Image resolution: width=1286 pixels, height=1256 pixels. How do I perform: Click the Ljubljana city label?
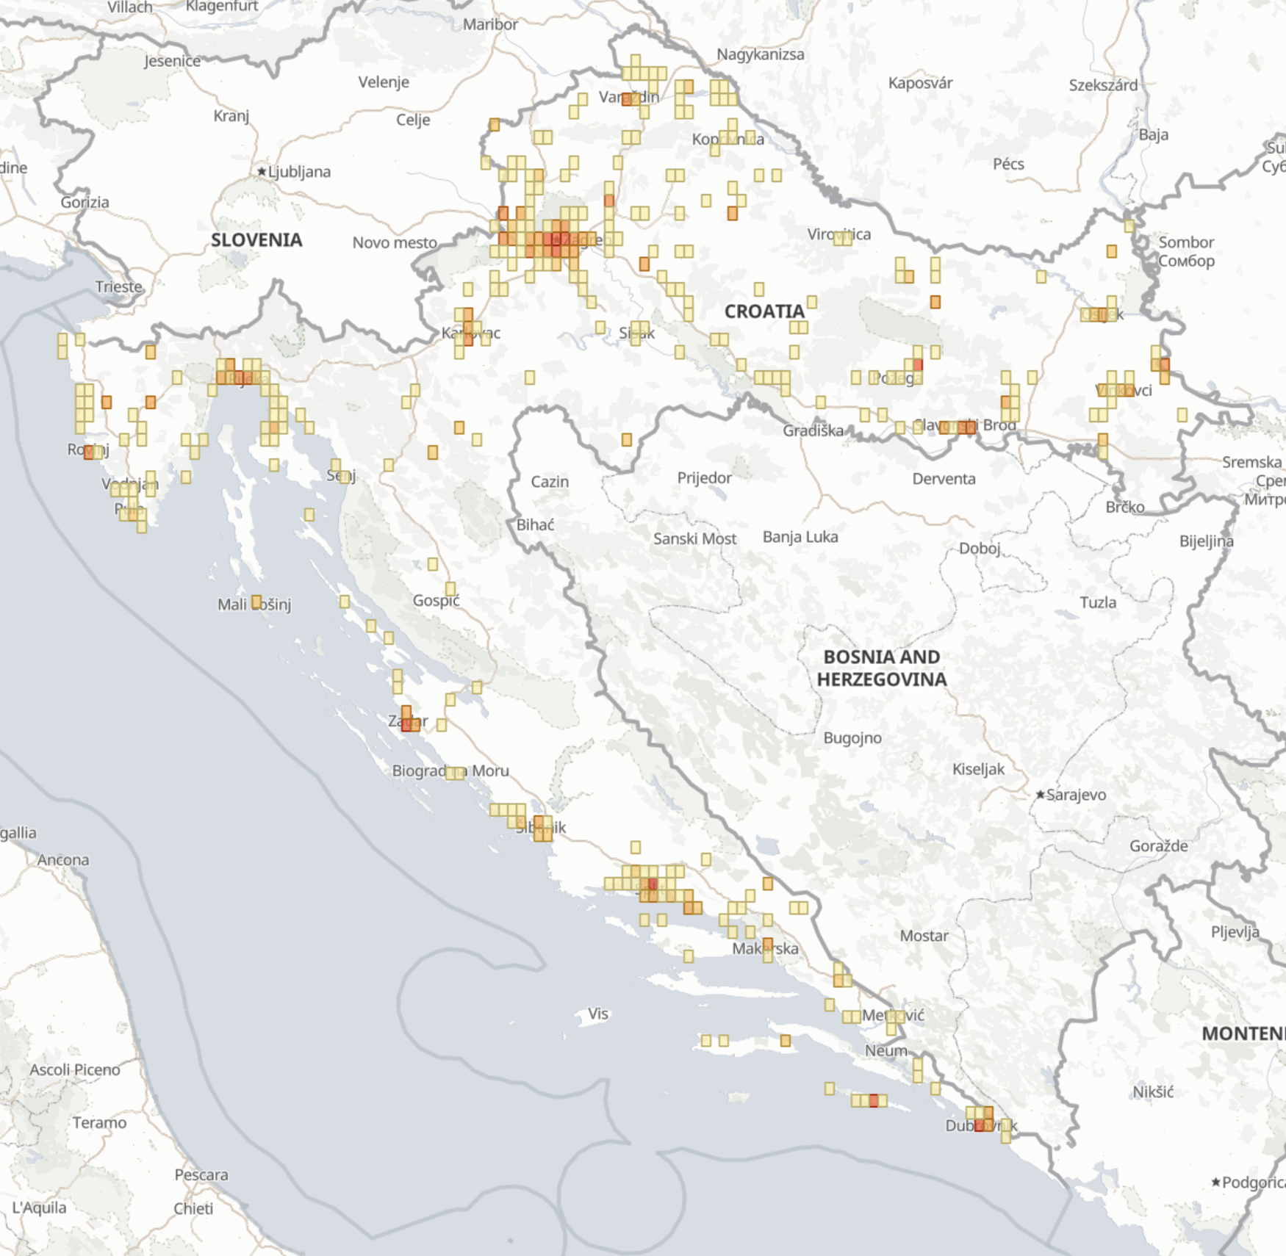click(x=298, y=172)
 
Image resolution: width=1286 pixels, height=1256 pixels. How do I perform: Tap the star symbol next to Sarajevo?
click(x=1040, y=795)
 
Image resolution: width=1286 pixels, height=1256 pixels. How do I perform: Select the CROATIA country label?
click(x=764, y=311)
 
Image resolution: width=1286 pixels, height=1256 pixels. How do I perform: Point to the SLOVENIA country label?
click(x=256, y=240)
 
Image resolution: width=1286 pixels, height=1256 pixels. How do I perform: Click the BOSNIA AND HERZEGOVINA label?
click(x=882, y=668)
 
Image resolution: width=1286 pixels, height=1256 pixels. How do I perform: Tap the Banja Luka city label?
click(x=800, y=537)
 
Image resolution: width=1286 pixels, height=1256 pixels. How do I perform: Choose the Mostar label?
click(x=924, y=936)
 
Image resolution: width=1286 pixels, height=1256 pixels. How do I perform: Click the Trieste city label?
click(x=119, y=286)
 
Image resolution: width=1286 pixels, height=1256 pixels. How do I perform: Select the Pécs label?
click(x=1008, y=164)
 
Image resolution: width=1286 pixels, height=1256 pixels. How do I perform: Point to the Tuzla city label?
click(x=1098, y=602)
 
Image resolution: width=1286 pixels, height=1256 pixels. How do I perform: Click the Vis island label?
click(x=598, y=1014)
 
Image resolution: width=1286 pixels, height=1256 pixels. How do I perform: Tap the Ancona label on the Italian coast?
click(x=63, y=859)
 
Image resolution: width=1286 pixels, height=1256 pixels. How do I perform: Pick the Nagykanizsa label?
click(x=761, y=54)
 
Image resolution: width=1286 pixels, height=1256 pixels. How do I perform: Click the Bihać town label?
click(x=535, y=524)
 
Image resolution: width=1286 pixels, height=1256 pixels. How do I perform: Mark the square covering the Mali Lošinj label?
click(x=256, y=602)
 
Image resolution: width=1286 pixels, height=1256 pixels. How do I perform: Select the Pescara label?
click(x=201, y=1174)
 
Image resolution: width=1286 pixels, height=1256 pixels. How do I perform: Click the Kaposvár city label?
click(x=920, y=83)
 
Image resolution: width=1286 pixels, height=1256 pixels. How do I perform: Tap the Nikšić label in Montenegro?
click(x=1153, y=1091)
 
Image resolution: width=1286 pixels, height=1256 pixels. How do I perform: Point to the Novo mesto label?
click(x=395, y=242)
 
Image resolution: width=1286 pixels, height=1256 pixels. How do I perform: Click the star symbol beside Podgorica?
click(x=1216, y=1182)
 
